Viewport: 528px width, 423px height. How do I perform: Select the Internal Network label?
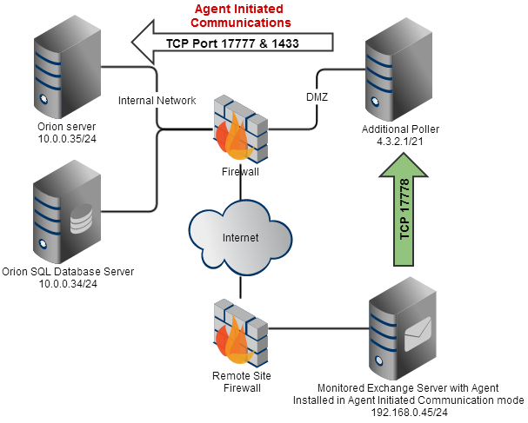(x=158, y=100)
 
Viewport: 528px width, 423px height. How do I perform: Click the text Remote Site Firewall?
(x=237, y=381)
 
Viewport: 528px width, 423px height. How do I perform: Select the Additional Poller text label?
(x=400, y=129)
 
